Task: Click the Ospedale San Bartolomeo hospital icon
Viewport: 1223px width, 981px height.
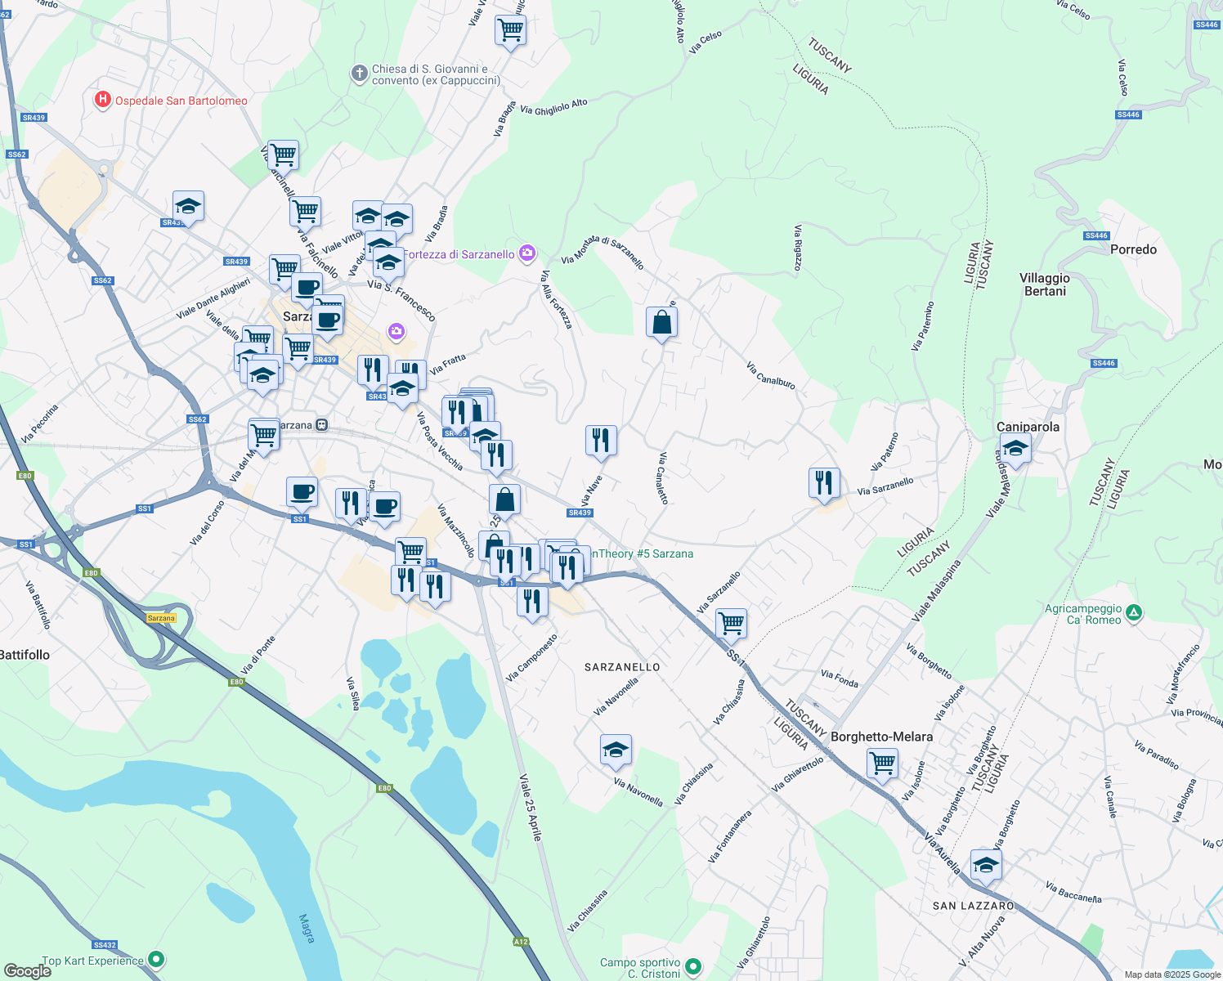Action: (102, 101)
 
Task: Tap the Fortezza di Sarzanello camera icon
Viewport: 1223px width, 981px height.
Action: (527, 253)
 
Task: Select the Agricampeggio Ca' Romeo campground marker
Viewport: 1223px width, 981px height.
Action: (1134, 612)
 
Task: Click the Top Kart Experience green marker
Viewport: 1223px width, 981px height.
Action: (157, 960)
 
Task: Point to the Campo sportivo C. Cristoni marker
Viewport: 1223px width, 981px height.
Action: (693, 967)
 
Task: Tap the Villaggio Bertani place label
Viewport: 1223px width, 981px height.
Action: (1045, 284)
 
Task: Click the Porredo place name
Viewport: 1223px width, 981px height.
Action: (1133, 249)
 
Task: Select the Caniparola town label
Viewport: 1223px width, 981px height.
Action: (1028, 427)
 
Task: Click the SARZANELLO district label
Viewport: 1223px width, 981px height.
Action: (622, 667)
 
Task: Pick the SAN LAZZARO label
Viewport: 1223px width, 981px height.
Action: (973, 906)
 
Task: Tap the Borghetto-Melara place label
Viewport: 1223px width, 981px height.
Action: (881, 737)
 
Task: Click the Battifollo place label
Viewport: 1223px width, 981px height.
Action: (25, 655)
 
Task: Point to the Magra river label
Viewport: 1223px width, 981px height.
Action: (307, 929)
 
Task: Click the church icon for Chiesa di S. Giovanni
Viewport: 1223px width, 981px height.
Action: (359, 74)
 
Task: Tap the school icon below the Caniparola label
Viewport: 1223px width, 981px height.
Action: (1015, 449)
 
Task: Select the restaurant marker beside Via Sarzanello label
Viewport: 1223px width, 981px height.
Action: (824, 482)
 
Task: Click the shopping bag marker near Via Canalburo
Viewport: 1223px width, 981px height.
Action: (661, 323)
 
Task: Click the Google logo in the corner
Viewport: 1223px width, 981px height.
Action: (27, 970)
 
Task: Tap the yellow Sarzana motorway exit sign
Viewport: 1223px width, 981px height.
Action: (161, 618)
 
